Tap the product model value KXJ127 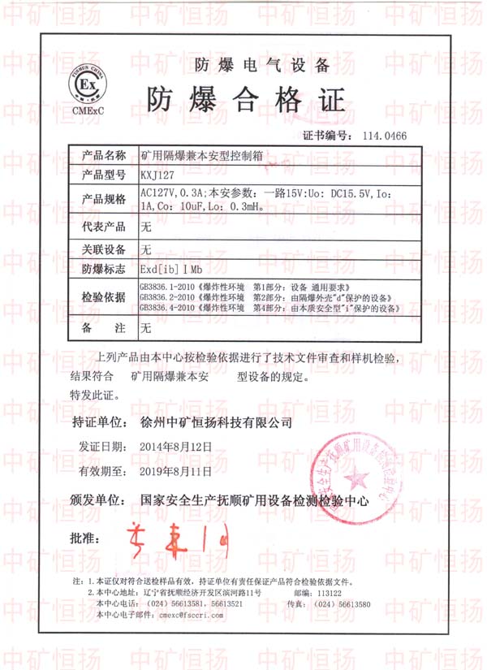[x=157, y=174]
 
